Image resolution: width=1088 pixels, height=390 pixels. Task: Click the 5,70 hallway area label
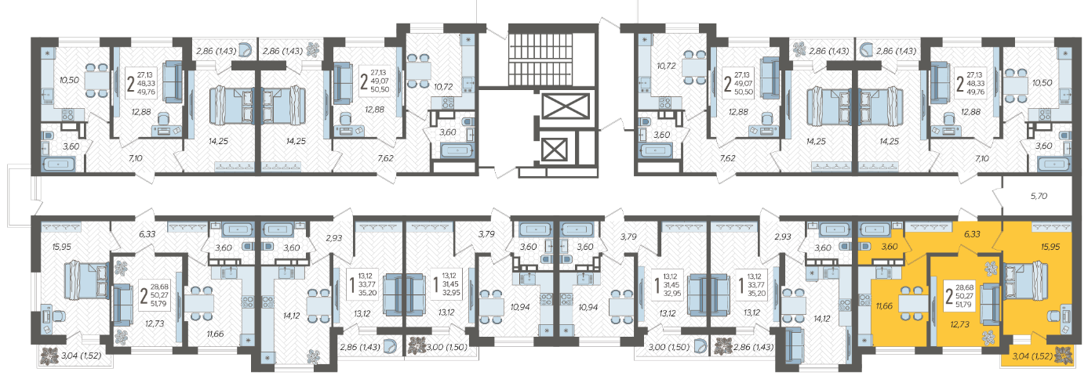coord(1039,196)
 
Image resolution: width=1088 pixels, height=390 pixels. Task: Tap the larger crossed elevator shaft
coord(565,107)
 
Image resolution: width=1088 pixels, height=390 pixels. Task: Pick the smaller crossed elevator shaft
coord(553,150)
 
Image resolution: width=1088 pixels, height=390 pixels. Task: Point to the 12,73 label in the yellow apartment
coord(960,324)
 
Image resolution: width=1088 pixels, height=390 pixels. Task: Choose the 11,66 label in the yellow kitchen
coord(884,306)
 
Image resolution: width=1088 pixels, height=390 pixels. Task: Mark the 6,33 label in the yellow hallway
coord(972,234)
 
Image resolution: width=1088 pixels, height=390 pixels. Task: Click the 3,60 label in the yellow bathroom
coord(890,247)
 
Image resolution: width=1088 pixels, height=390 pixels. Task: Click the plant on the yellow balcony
coord(1064,355)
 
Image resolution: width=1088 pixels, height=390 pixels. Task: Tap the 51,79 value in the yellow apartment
coord(963,305)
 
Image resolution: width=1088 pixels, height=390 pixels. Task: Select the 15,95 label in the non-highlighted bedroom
coord(62,247)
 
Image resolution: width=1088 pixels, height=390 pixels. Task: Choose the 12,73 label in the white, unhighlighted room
coord(155,323)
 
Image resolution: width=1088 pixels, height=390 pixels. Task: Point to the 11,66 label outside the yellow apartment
coord(215,334)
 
